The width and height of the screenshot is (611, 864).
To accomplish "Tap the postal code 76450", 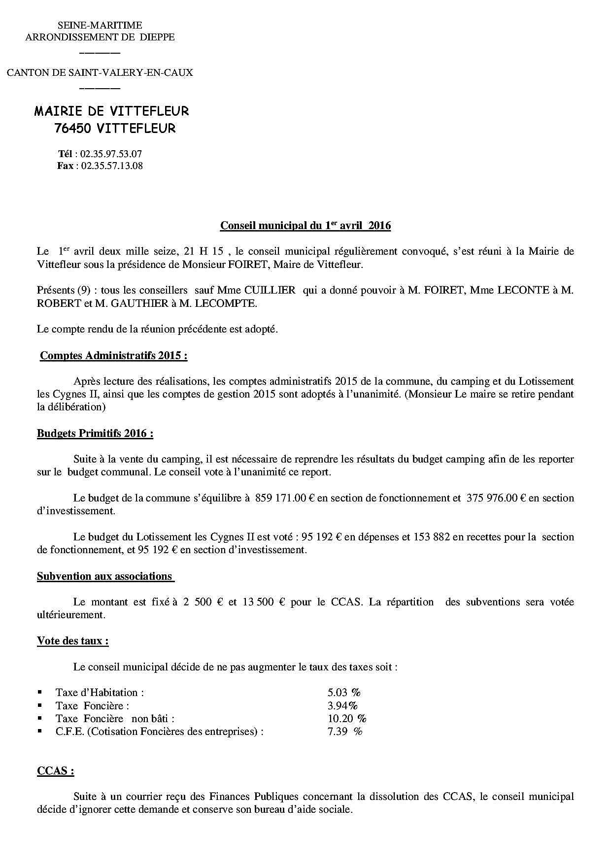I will tap(73, 129).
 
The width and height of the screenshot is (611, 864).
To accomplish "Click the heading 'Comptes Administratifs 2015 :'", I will tap(113, 356).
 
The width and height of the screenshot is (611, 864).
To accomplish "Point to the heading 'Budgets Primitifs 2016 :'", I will tap(95, 433).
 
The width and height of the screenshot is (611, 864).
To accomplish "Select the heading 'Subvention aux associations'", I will tap(104, 576).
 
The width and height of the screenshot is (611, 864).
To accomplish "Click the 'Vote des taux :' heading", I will tap(73, 641).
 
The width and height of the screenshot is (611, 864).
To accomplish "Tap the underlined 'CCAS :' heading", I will tap(56, 771).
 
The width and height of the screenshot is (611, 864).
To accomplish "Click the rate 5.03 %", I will tap(344, 693).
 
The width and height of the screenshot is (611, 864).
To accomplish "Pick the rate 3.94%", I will tap(342, 706).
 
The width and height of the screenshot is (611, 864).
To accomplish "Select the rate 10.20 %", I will tap(347, 719).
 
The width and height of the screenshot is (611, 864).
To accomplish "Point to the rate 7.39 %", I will tap(344, 731).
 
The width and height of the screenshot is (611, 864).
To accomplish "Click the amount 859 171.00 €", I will tap(285, 498).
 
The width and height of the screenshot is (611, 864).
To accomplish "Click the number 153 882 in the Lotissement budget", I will tap(431, 537).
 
